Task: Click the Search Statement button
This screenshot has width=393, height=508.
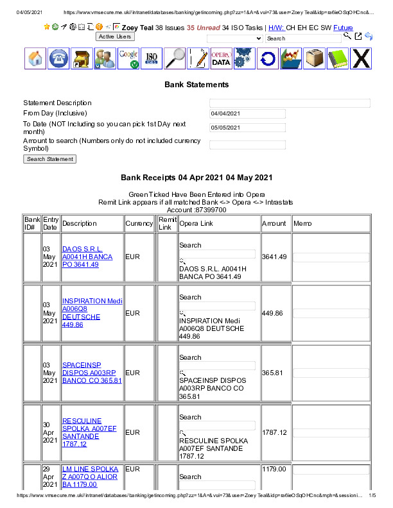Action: (x=49, y=159)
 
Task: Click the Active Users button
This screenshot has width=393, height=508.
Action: (x=115, y=37)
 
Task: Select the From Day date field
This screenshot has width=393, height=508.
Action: (x=247, y=114)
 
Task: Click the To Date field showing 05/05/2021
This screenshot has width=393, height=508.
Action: (x=247, y=127)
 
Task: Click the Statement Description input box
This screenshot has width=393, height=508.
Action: (x=290, y=103)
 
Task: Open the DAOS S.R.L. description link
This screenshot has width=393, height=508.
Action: (x=87, y=257)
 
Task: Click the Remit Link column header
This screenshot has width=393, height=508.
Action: (x=168, y=223)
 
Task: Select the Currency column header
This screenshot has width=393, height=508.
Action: (x=139, y=223)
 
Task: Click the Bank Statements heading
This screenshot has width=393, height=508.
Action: (x=197, y=85)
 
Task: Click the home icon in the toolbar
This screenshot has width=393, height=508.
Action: (x=36, y=58)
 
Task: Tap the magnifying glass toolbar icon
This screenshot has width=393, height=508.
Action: (x=175, y=58)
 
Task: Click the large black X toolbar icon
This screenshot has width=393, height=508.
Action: (x=362, y=58)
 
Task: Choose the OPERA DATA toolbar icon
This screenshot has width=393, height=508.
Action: (x=221, y=58)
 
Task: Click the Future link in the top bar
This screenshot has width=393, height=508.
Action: (x=343, y=28)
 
